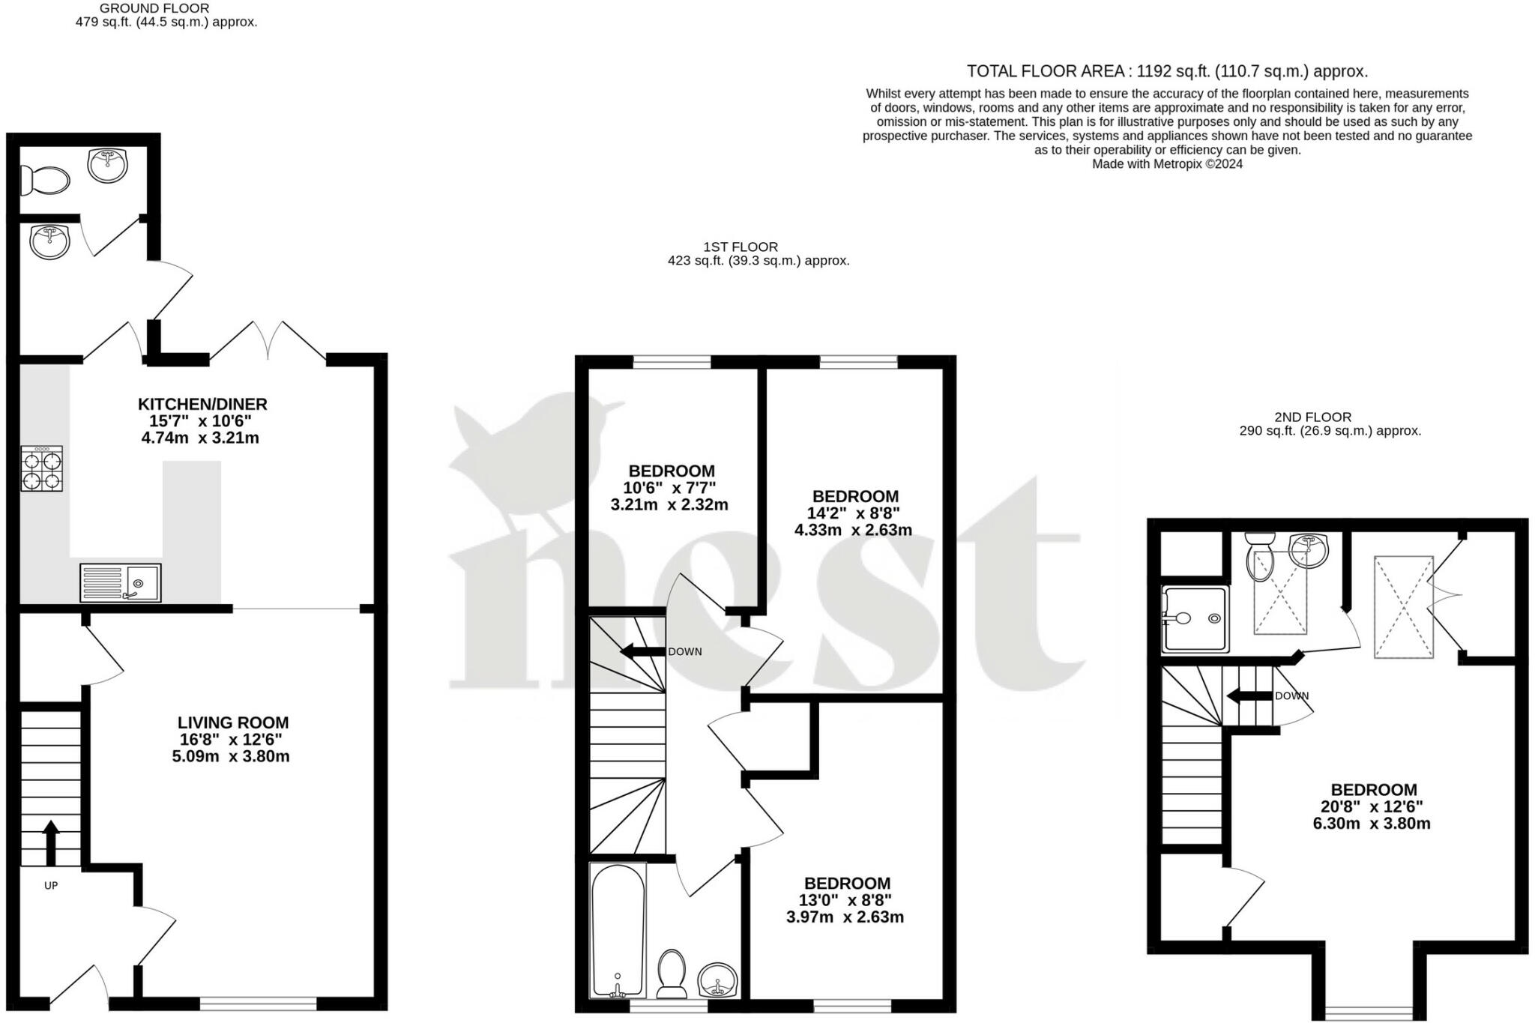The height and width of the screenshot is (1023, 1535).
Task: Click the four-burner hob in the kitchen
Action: coord(42,468)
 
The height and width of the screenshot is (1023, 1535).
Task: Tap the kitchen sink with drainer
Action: coord(120,582)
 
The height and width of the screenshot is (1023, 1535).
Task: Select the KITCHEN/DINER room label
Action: coord(202,404)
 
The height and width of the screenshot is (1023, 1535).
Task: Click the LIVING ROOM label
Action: coord(232,722)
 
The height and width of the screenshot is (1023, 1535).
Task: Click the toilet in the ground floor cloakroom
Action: coord(45,181)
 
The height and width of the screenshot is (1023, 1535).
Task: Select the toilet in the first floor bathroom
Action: coord(672,974)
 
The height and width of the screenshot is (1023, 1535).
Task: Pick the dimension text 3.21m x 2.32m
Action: coord(669,505)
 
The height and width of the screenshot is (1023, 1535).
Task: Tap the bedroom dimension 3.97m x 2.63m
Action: coord(845,917)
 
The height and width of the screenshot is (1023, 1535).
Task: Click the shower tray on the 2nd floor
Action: coord(1195,619)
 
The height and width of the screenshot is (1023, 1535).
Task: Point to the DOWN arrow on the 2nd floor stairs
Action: coord(1249,696)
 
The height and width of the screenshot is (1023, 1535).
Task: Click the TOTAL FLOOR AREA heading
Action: coord(1167,71)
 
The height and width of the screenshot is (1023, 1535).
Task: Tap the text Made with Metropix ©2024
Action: coord(1167,164)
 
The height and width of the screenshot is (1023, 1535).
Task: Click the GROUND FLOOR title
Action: coord(154,8)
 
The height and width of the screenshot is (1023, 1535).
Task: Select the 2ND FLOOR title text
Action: coord(1312,417)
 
